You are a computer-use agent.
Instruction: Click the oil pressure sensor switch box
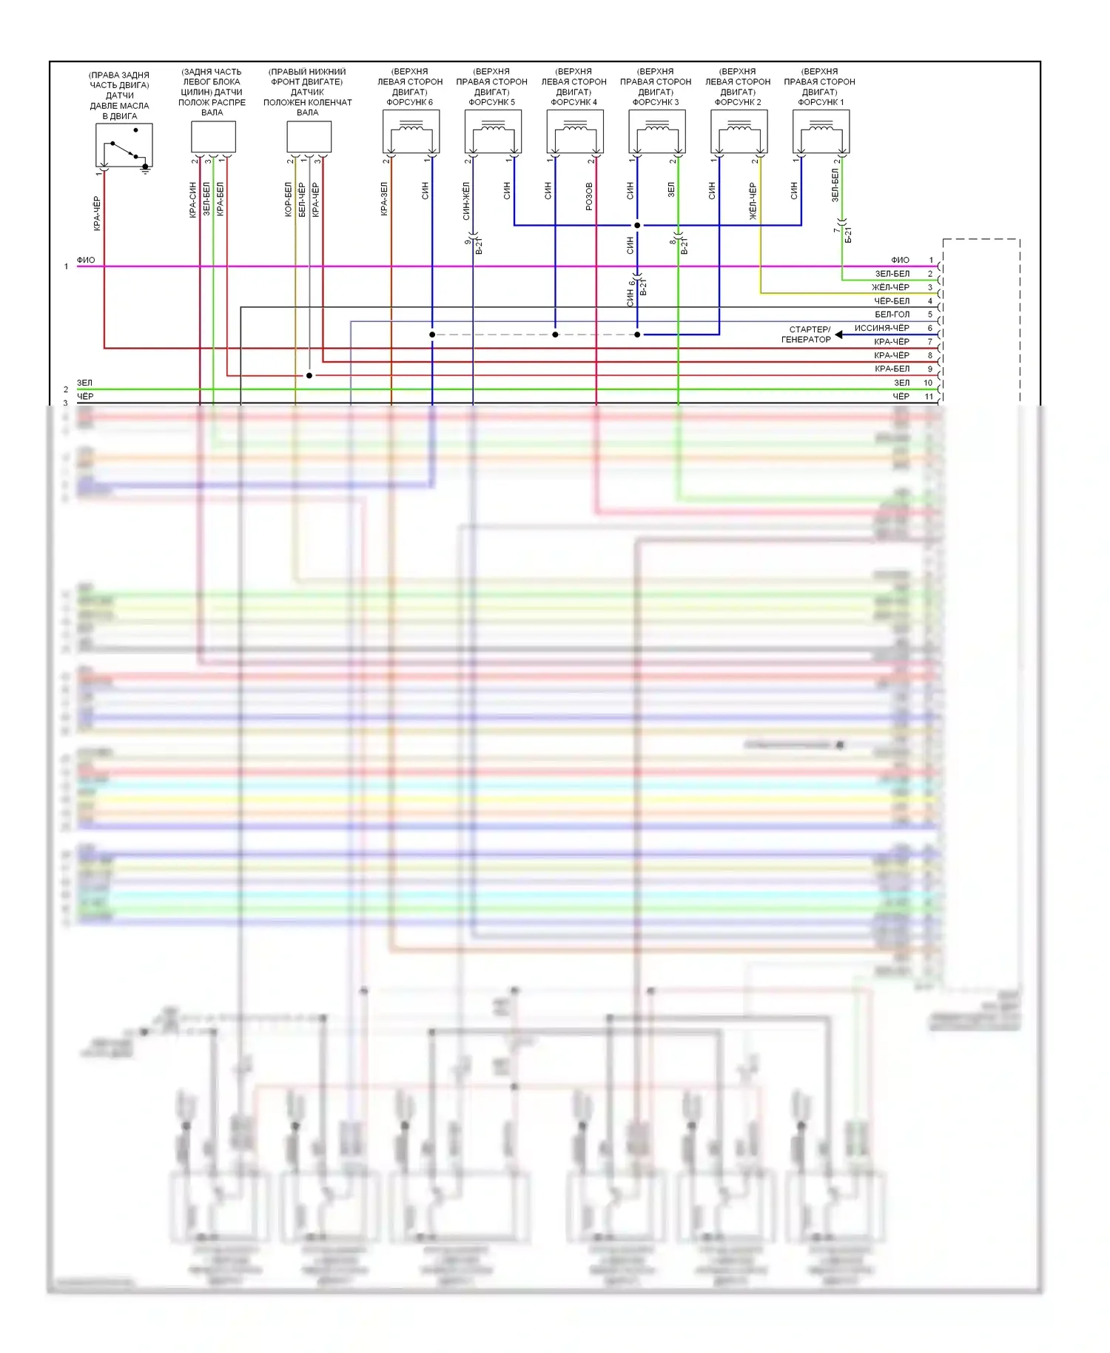pyautogui.click(x=124, y=145)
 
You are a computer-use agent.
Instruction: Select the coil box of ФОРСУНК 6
pyautogui.click(x=411, y=132)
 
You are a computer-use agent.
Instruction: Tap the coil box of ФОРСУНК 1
pyautogui.click(x=821, y=132)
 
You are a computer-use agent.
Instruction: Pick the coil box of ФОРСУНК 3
pyautogui.click(x=656, y=132)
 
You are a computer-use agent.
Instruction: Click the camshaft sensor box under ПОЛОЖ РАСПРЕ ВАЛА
pyautogui.click(x=213, y=137)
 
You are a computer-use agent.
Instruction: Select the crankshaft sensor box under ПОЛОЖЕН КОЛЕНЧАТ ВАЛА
pyautogui.click(x=309, y=137)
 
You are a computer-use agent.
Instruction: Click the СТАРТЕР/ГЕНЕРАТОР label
pyautogui.click(x=806, y=335)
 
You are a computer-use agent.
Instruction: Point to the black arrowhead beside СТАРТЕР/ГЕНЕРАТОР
pyautogui.click(x=839, y=335)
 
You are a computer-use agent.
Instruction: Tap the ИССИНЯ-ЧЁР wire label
pyautogui.click(x=881, y=328)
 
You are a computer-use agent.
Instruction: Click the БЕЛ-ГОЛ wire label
pyautogui.click(x=892, y=315)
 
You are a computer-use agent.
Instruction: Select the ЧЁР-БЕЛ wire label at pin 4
pyautogui.click(x=892, y=301)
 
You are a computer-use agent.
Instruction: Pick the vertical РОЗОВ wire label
pyautogui.click(x=589, y=196)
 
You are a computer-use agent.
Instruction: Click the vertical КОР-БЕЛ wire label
pyautogui.click(x=289, y=200)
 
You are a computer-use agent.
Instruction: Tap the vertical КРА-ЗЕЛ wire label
pyautogui.click(x=384, y=199)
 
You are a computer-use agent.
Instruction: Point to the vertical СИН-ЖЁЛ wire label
pyautogui.click(x=466, y=201)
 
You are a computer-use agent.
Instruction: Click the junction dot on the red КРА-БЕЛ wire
pyautogui.click(x=309, y=376)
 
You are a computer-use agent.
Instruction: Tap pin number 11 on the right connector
pyautogui.click(x=929, y=397)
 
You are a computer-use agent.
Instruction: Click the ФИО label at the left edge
pyautogui.click(x=86, y=261)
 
